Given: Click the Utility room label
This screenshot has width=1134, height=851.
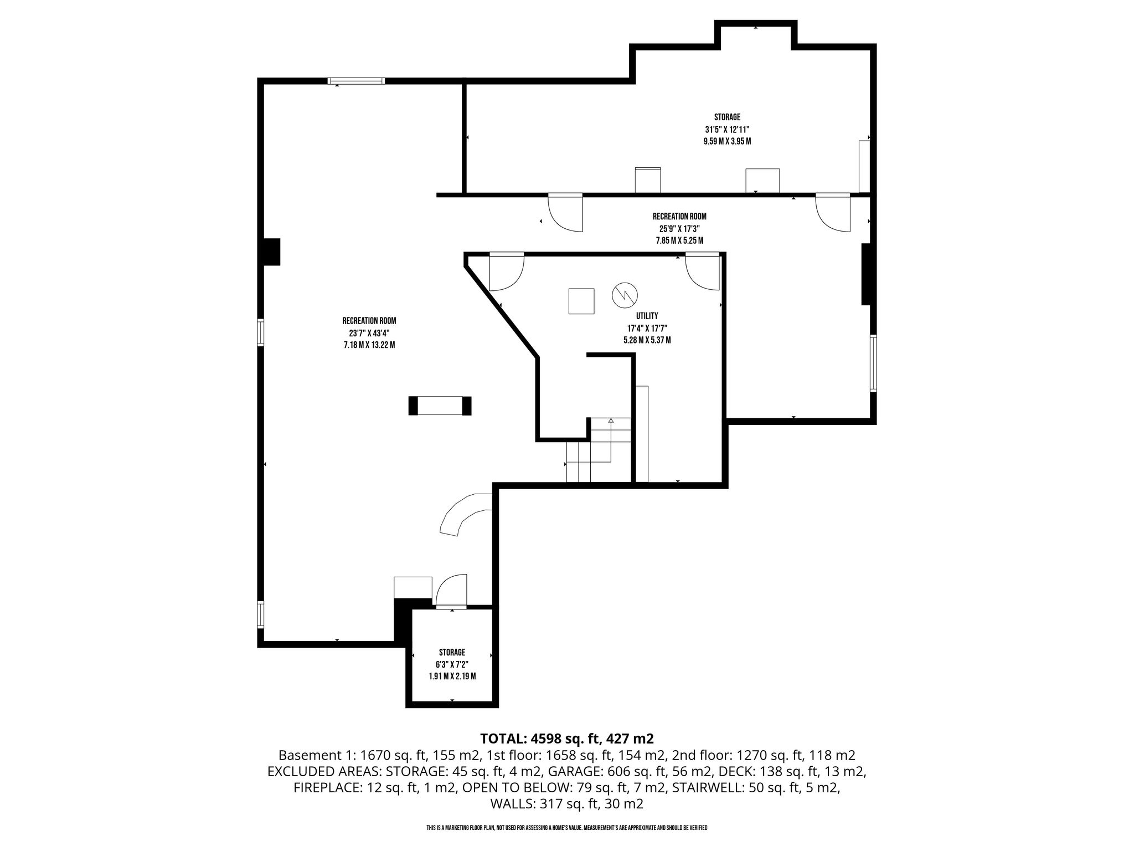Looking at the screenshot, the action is tap(647, 316).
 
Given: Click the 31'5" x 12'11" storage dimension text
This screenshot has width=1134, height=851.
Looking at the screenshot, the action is tap(727, 129).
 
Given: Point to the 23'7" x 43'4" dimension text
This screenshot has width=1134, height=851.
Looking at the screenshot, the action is tap(369, 333).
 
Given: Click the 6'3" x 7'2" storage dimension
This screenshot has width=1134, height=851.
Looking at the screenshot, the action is tap(452, 664).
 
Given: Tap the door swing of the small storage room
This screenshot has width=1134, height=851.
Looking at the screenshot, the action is tap(451, 591).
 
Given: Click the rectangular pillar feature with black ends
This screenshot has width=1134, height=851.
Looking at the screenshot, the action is tap(440, 406).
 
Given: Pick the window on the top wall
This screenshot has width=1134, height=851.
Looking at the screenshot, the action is tap(356, 81).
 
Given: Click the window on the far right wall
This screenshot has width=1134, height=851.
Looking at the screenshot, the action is tap(873, 363).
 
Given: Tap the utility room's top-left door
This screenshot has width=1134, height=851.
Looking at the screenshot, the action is tap(506, 271).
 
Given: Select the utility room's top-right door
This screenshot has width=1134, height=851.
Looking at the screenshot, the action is tap(702, 271).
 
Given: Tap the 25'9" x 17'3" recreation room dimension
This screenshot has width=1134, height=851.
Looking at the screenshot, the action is tap(679, 228).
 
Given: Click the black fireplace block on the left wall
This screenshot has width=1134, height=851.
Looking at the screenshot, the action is tap(271, 252).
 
